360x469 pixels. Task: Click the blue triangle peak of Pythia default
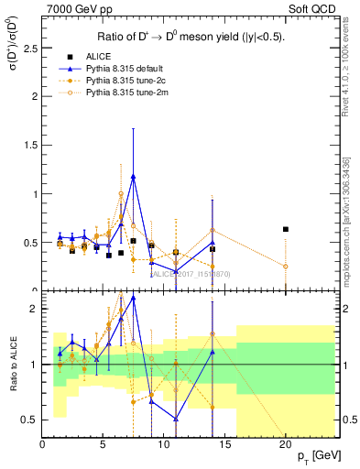(134, 177)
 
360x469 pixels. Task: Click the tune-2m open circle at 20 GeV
(286, 267)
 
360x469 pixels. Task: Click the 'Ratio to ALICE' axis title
(12, 364)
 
